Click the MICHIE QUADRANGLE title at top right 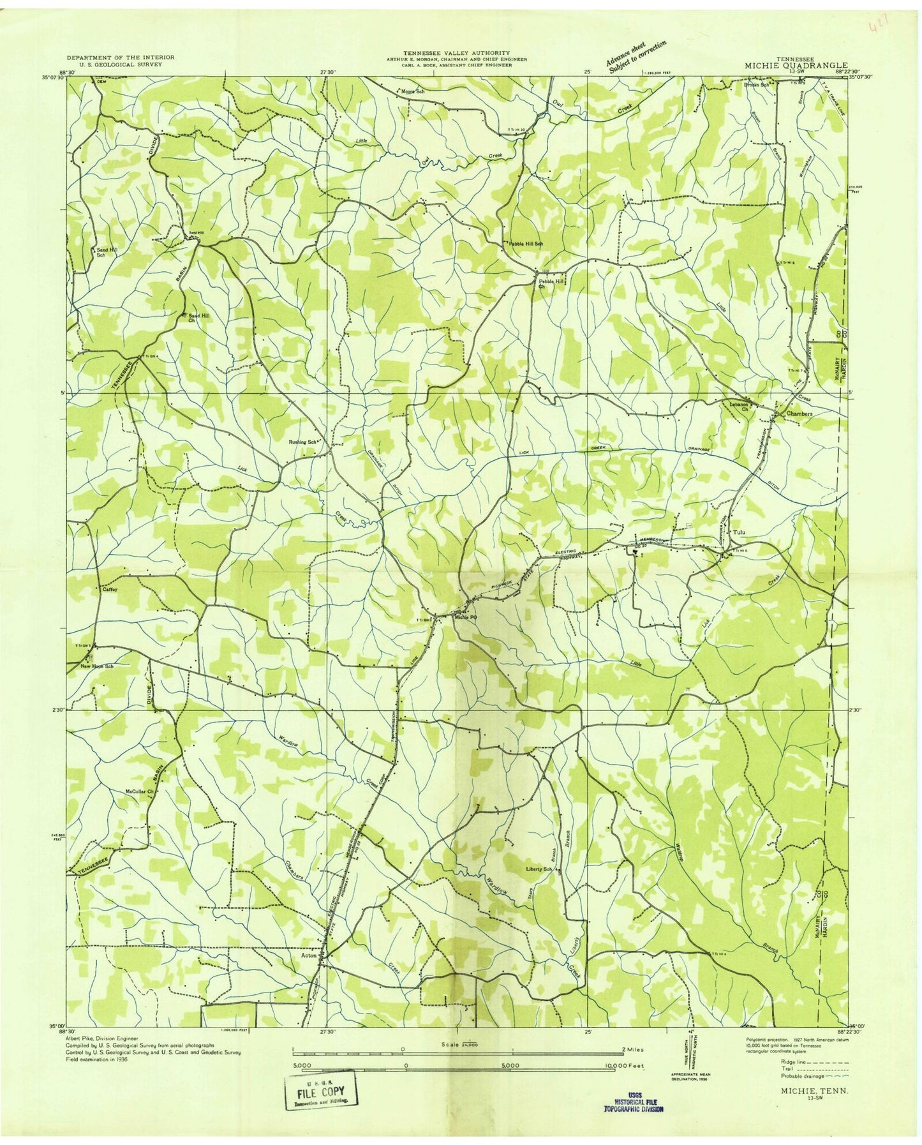click(796, 65)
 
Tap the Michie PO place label click(465, 617)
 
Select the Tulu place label click(740, 532)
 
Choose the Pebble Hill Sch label click(525, 244)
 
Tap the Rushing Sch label click(302, 442)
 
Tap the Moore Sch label click(412, 91)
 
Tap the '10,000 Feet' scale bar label click(628, 1066)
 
